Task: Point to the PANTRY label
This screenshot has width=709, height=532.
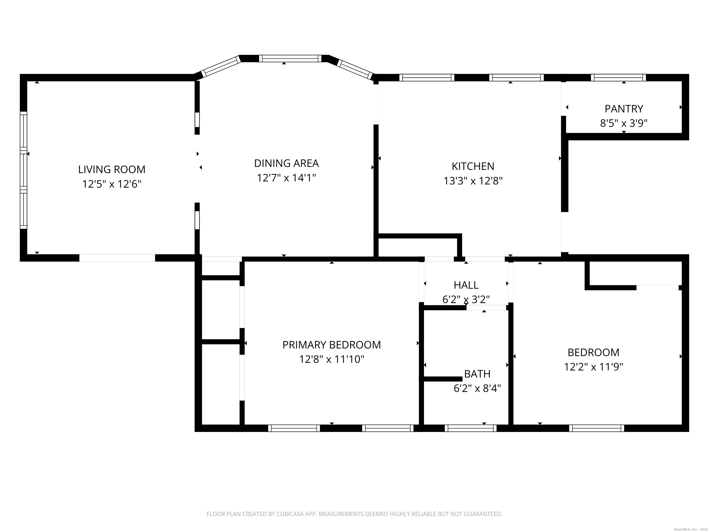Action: [x=624, y=109]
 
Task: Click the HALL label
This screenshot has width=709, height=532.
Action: [x=466, y=285]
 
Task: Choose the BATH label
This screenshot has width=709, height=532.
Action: [x=477, y=374]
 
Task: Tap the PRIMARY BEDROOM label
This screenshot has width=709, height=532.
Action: [x=331, y=345]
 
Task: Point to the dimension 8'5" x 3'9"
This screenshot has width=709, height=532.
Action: [x=624, y=123]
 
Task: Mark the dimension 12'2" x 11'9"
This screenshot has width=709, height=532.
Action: [x=593, y=366]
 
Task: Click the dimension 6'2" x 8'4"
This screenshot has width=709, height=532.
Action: [x=477, y=388]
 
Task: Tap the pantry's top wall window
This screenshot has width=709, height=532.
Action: [x=618, y=78]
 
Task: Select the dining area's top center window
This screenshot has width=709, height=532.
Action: [x=290, y=58]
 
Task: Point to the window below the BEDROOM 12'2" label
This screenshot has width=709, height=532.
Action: [x=597, y=428]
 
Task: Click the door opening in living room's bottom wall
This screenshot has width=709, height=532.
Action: [x=117, y=258]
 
